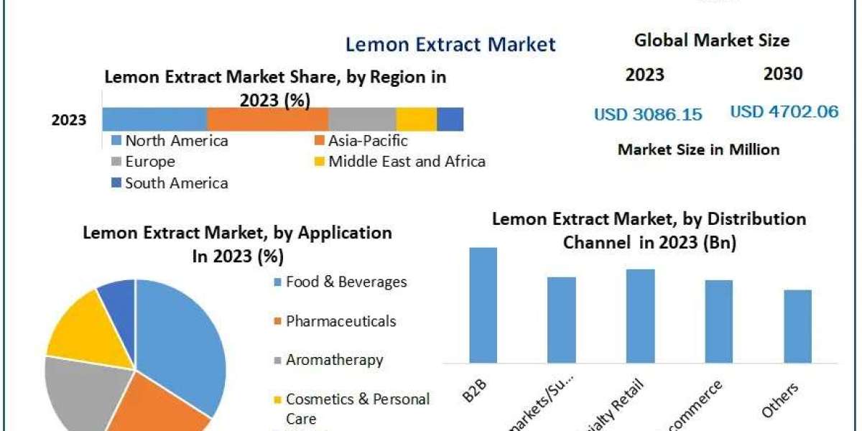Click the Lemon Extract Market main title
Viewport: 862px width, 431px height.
[450, 45]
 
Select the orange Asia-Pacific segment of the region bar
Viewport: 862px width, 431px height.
[267, 119]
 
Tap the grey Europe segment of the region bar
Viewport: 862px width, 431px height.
[362, 119]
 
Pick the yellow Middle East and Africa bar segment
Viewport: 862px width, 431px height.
[417, 119]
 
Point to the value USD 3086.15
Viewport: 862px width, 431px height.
[648, 114]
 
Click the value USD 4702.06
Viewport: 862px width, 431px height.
[784, 112]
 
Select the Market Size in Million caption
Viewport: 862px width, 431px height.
[698, 149]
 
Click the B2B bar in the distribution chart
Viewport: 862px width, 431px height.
[483, 305]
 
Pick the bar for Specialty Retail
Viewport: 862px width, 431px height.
[640, 315]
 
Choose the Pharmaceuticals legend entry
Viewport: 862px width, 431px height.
[340, 321]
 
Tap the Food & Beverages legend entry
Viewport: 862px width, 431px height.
[346, 282]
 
